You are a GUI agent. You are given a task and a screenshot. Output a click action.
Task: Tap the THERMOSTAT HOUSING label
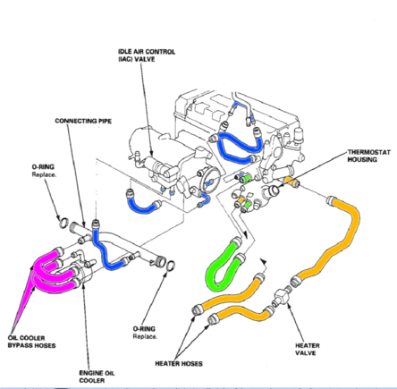click(368, 156)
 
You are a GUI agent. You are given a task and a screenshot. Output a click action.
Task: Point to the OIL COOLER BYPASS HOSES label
click(26, 341)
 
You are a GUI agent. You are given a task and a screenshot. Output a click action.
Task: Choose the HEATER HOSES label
click(178, 363)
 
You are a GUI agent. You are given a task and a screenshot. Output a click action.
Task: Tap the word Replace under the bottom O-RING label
click(145, 337)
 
